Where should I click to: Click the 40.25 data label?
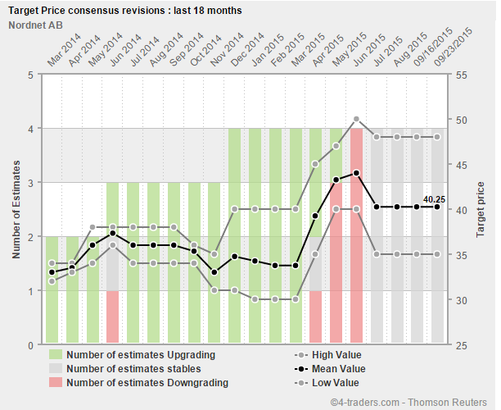coord(434,198)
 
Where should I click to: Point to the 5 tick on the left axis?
coord(30,75)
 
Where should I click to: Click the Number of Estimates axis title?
coord(16,210)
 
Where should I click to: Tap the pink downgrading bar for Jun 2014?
coord(112,317)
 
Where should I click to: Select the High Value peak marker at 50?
coord(356,120)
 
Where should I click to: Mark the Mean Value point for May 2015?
coord(356,173)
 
